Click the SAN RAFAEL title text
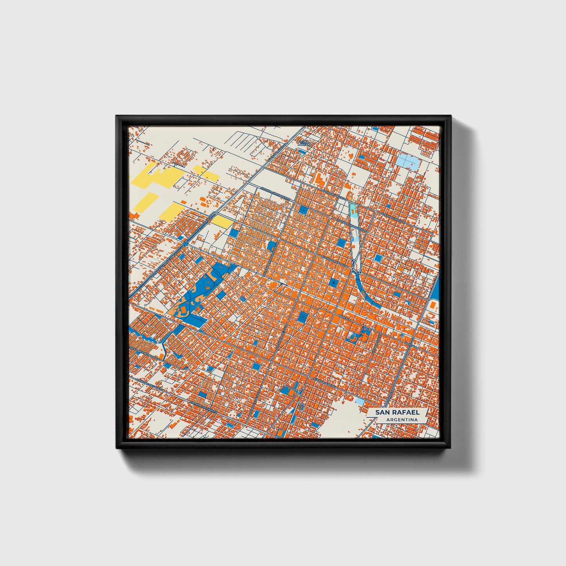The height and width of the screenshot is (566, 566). pos(397,412)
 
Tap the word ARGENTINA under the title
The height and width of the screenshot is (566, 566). pos(401,420)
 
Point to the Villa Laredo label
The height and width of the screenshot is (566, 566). pos(304,143)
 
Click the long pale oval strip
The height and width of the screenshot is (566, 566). pos(356,243)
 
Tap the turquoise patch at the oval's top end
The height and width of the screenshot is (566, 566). pos(353,211)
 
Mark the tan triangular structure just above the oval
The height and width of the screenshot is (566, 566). pos(350,195)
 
